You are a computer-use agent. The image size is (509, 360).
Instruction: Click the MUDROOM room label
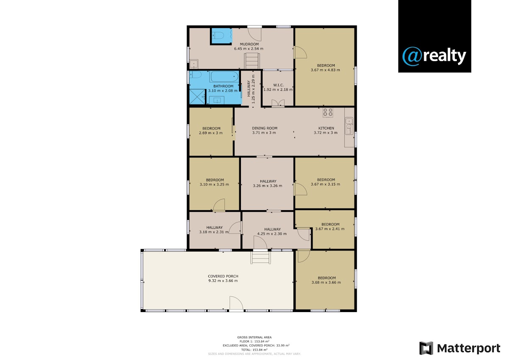[x=249, y=44]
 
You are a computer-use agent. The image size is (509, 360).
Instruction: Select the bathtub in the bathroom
[x=224, y=76]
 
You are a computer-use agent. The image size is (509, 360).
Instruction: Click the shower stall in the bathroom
[x=197, y=96]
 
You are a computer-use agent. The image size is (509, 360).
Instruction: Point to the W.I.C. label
[x=278, y=85]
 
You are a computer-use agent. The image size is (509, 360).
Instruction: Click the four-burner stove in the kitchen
[x=328, y=112]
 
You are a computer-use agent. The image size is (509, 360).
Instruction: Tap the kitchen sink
[x=349, y=126]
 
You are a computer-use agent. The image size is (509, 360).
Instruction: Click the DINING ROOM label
[x=265, y=128]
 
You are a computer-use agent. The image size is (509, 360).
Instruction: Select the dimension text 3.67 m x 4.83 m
[x=325, y=70]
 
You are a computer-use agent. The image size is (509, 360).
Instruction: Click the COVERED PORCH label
[x=223, y=276]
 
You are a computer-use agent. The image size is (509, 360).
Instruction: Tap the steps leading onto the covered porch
[x=260, y=257]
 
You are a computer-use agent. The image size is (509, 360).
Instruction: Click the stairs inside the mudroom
[x=252, y=61]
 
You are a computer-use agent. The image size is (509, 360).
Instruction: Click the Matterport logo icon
[x=426, y=348]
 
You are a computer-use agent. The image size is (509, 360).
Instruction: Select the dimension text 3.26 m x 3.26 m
[x=268, y=186]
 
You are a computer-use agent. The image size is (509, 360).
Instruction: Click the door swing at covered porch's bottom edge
[x=236, y=303]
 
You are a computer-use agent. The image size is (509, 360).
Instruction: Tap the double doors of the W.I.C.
[x=278, y=103]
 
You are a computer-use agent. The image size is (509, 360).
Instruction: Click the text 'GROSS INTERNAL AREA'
[x=254, y=337]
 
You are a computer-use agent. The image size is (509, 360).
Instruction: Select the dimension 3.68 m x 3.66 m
[x=326, y=282]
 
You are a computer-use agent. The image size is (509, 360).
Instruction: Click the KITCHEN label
[x=326, y=128]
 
